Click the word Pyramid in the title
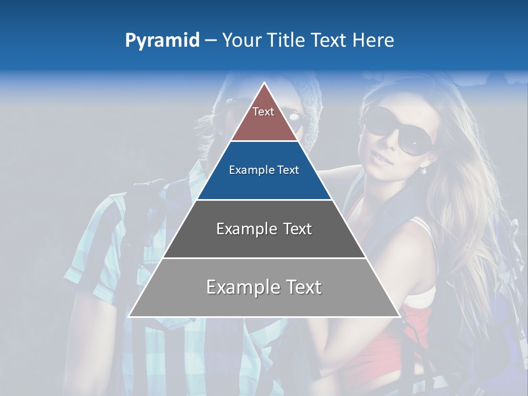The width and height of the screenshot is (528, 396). [x=162, y=41]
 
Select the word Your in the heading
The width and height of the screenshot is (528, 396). [x=243, y=40]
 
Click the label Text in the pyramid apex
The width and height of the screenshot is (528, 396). [x=263, y=112]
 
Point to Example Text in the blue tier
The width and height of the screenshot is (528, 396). [x=264, y=170]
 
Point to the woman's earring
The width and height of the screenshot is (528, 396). [x=424, y=170]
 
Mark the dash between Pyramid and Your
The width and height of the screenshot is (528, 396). [x=210, y=41]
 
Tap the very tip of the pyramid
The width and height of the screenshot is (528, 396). [x=265, y=83]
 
